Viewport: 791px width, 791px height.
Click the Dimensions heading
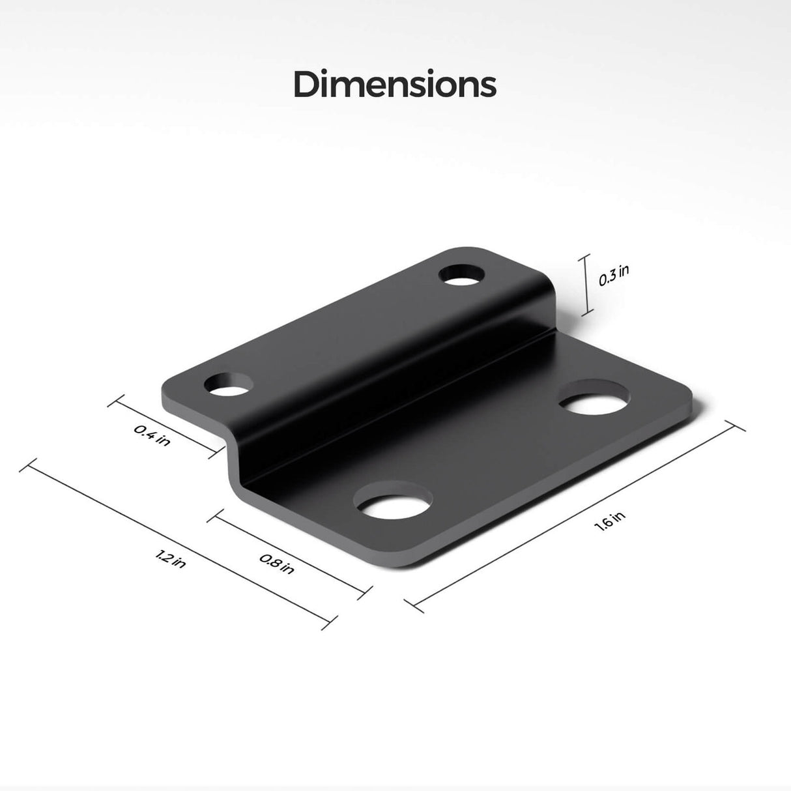coord(395,85)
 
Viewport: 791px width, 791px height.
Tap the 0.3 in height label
coord(614,276)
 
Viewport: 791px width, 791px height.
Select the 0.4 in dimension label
coord(152,435)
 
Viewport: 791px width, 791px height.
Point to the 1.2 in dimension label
coord(171,558)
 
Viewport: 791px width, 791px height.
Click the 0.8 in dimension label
coord(277,563)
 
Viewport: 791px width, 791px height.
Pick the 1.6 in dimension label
coord(610,523)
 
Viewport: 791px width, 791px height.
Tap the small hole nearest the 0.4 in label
coord(227,385)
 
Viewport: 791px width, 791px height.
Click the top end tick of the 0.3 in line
coord(584,255)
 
